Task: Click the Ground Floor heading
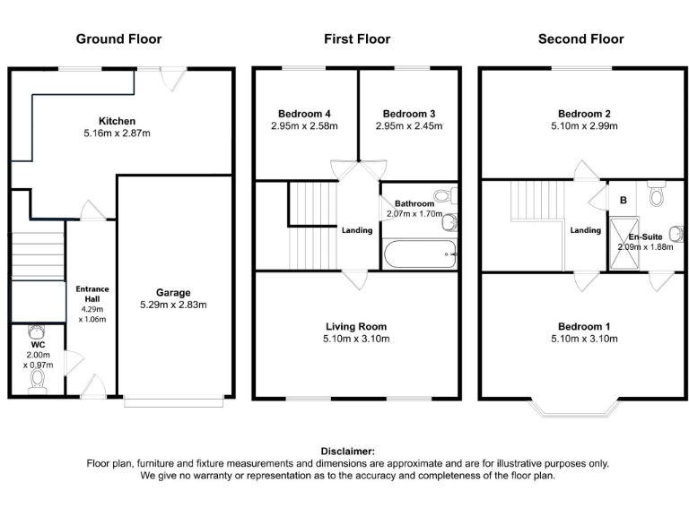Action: [118, 39]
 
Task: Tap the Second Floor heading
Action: [580, 39]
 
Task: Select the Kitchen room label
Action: [118, 121]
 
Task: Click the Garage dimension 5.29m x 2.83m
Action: [173, 305]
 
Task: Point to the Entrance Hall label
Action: [92, 295]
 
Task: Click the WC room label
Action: [38, 344]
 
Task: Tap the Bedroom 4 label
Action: [304, 114]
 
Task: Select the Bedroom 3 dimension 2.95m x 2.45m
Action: [409, 126]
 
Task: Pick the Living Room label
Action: [356, 326]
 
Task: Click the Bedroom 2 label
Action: [584, 114]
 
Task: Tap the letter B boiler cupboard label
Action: [621, 199]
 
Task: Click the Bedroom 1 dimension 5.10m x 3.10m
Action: [584, 339]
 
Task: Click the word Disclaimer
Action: [347, 451]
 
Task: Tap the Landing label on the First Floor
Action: [357, 230]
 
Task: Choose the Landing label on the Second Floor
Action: [586, 230]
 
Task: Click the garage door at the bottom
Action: [174, 402]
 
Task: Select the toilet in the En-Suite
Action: [656, 194]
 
